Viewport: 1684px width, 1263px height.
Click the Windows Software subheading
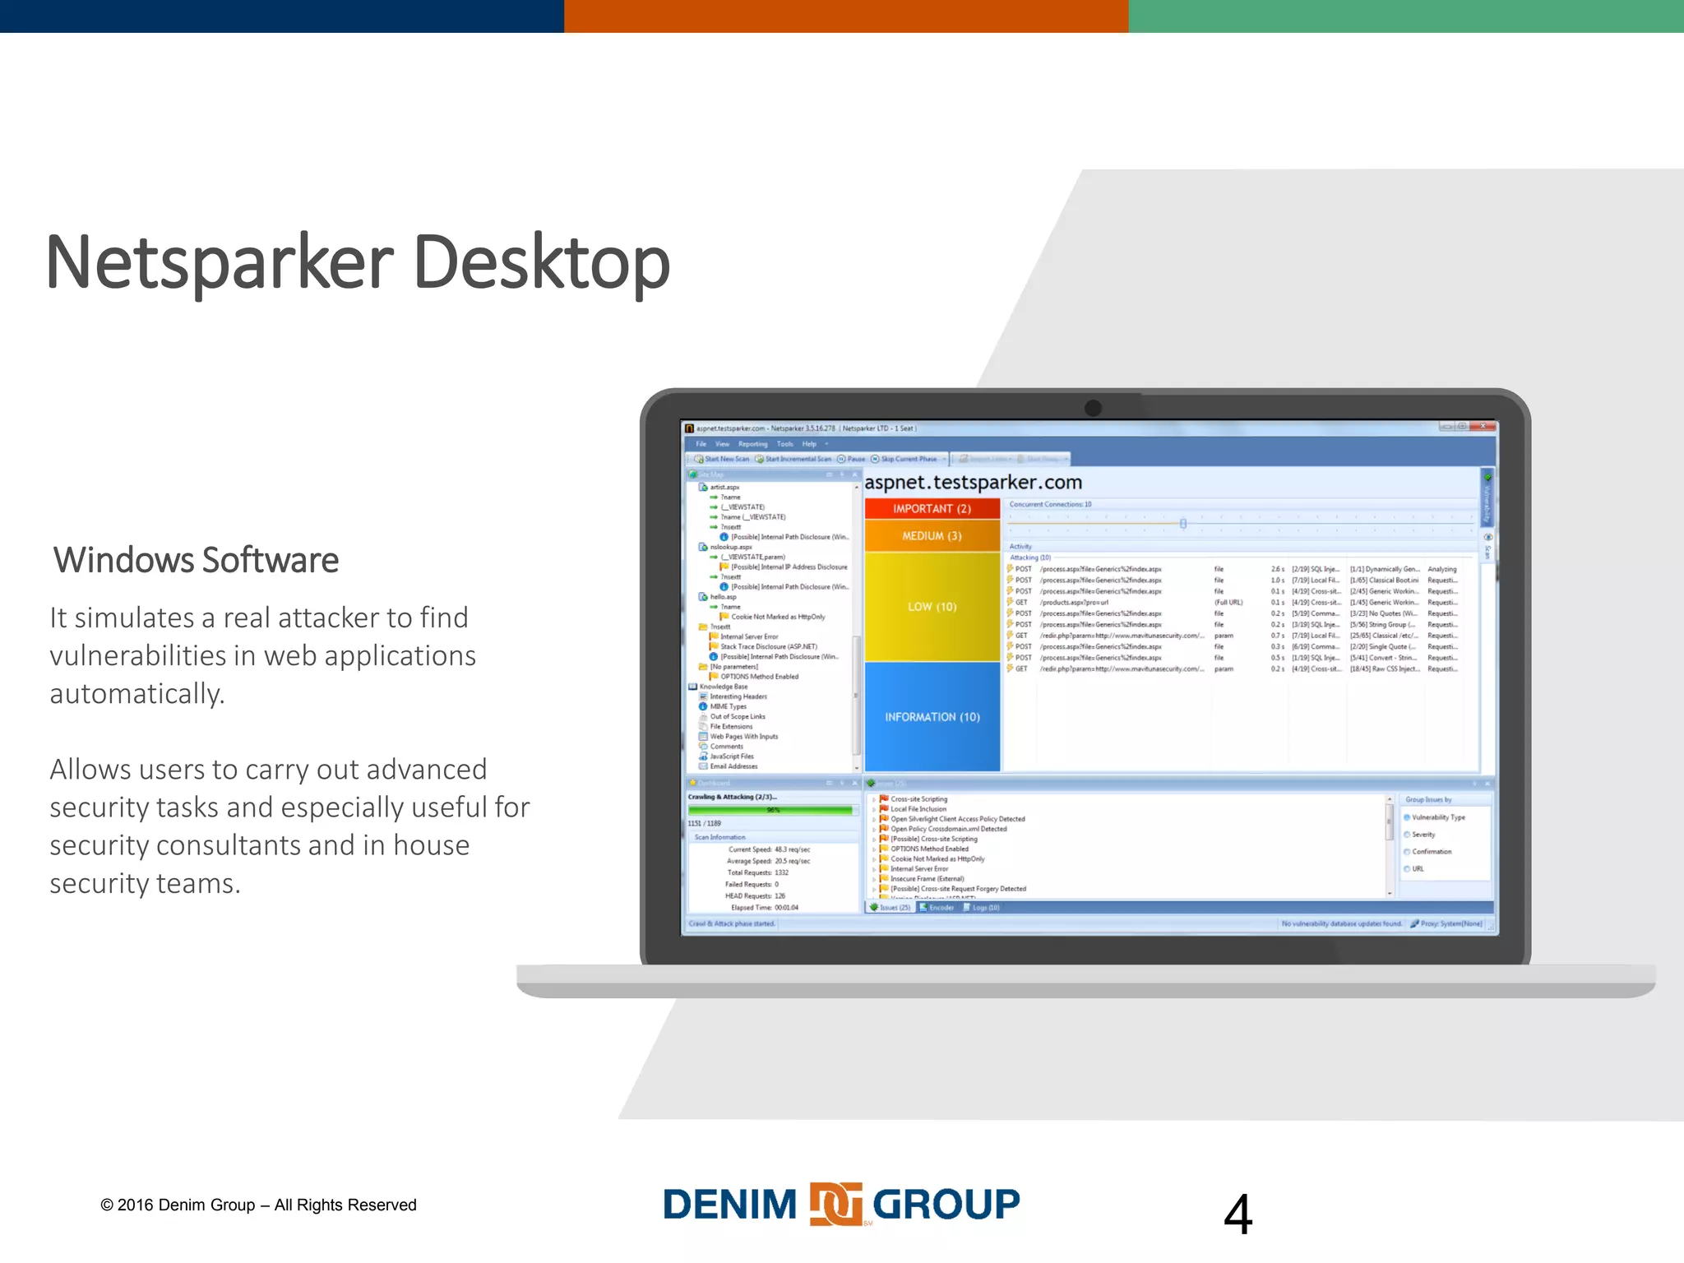coord(196,560)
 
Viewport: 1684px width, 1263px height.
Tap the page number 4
coord(1238,1214)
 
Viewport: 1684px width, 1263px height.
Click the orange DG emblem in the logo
coord(835,1205)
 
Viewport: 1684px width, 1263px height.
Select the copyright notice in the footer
coord(258,1205)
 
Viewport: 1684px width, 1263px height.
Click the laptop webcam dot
coord(1093,408)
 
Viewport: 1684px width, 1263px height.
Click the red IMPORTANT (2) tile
coord(932,509)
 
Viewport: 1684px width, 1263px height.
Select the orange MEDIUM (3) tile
coord(932,536)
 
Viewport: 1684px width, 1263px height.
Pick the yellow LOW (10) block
coord(932,607)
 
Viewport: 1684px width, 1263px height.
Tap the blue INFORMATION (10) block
coord(932,717)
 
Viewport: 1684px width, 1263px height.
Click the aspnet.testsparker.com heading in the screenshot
coord(973,483)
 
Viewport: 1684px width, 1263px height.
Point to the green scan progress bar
coord(770,810)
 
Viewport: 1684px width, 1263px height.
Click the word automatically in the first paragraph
coord(136,694)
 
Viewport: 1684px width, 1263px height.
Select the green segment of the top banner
coord(1406,16)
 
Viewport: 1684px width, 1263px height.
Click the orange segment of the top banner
coord(845,16)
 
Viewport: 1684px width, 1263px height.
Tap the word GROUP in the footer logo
coord(946,1205)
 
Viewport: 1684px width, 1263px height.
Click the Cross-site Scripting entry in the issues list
coord(918,799)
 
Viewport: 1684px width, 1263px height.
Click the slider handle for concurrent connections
coord(1183,524)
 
